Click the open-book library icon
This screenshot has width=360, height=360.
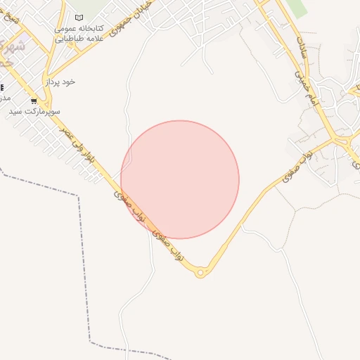pos(79,18)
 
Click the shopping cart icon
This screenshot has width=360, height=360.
pos(34,101)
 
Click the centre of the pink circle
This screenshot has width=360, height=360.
pos(180,179)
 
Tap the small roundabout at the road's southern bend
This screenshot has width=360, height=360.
pos(201,272)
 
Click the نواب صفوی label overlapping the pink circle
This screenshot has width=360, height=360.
pos(129,205)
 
